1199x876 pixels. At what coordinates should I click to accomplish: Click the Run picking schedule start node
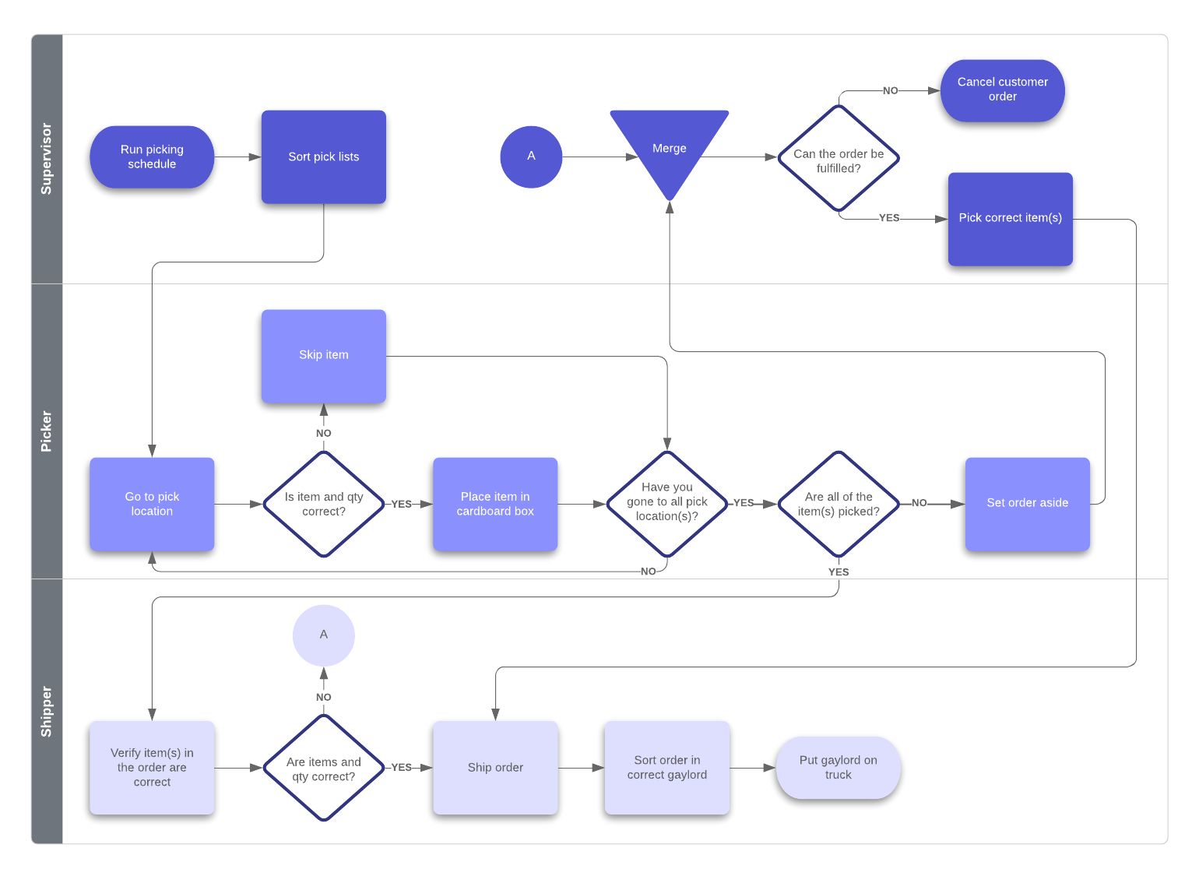[152, 157]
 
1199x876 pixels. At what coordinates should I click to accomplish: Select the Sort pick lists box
[323, 157]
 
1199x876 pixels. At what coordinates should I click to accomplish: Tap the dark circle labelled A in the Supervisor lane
[531, 157]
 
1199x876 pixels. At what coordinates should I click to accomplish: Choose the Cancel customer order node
[1002, 90]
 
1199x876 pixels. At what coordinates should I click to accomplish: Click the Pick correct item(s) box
[1010, 219]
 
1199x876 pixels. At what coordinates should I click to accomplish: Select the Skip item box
[323, 355]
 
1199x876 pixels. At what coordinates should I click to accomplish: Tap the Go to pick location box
[152, 504]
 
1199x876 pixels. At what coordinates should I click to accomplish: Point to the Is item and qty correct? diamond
[323, 504]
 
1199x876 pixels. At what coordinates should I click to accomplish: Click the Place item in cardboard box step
[495, 504]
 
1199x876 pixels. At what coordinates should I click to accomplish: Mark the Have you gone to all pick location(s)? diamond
[667, 503]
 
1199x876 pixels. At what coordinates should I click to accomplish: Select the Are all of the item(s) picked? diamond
[839, 504]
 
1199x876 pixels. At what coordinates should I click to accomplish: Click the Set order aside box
[1027, 504]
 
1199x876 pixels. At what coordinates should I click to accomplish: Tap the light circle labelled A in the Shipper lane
[323, 635]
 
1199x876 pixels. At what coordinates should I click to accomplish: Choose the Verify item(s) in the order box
[152, 767]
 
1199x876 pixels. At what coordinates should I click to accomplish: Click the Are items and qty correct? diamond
[323, 768]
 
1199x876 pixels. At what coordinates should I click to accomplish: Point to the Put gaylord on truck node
[838, 767]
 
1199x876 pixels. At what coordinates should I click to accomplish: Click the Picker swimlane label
[47, 431]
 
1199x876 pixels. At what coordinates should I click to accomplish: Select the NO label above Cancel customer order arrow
[890, 90]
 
